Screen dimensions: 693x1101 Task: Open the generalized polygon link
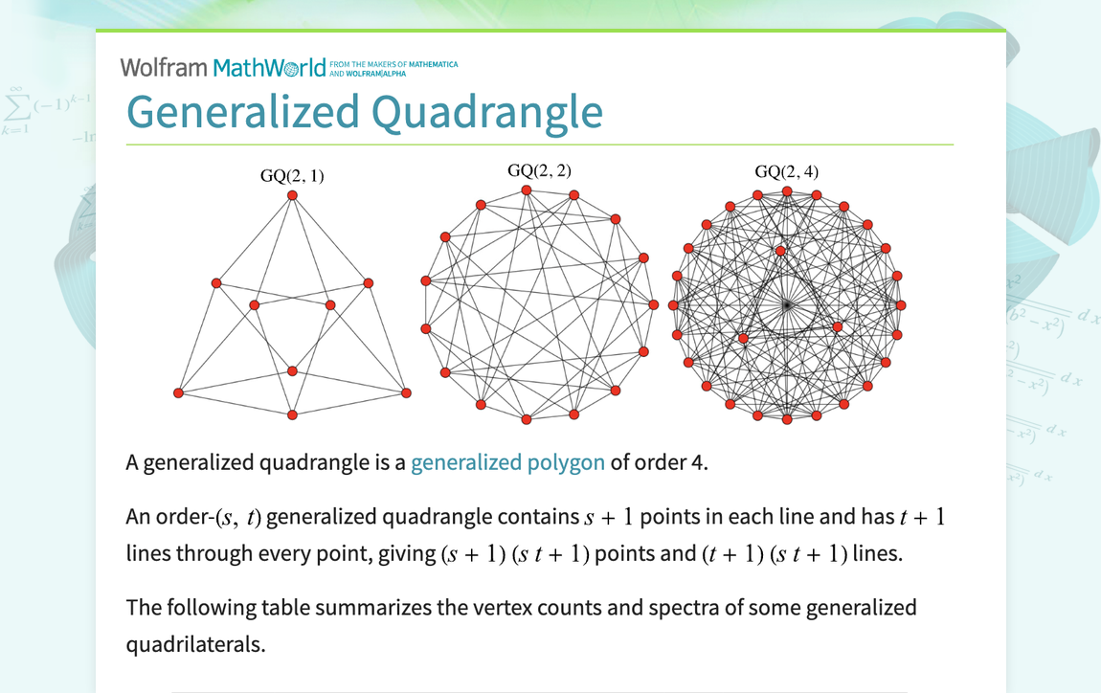pos(507,463)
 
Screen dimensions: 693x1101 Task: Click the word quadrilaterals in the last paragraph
pos(194,644)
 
